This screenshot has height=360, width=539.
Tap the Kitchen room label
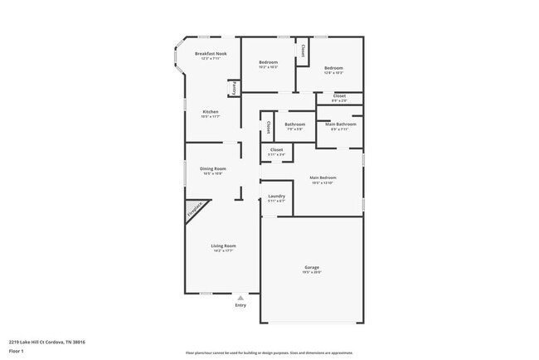coord(211,113)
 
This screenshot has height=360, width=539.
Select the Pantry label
coord(235,86)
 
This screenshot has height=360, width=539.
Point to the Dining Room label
coord(213,170)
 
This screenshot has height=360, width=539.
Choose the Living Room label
coord(223,247)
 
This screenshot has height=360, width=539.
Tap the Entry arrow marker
coord(240,297)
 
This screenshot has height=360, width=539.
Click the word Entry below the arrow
coord(240,304)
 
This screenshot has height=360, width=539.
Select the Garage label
coord(312,269)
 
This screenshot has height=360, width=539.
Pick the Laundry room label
coord(276,197)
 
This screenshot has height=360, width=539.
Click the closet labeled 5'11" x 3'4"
coord(276,151)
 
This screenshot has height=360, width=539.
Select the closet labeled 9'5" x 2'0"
coord(339,97)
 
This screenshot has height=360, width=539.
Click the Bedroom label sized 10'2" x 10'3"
coord(268,64)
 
